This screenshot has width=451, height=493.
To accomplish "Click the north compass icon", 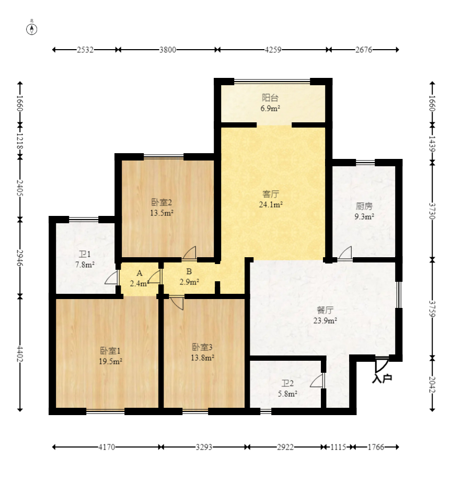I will click(32, 29).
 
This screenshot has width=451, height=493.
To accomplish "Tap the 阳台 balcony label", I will click(270, 98).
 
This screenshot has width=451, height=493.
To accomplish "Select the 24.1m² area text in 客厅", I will click(271, 205).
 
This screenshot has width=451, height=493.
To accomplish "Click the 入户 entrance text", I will click(382, 378).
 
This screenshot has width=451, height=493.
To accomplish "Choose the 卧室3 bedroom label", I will click(202, 347).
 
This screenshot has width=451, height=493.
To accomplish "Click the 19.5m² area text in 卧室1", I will click(111, 361).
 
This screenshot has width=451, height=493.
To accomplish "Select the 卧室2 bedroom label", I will click(161, 202).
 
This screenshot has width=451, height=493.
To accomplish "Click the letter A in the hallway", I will click(140, 273).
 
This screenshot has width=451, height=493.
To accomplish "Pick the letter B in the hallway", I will click(189, 271).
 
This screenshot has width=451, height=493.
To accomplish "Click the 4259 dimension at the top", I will click(273, 50).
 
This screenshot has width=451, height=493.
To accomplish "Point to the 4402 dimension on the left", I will click(20, 354).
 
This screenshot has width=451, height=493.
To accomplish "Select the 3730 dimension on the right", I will click(432, 211).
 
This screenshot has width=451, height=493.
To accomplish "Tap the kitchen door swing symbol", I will click(345, 253).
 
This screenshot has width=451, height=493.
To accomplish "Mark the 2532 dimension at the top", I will click(85, 50).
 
